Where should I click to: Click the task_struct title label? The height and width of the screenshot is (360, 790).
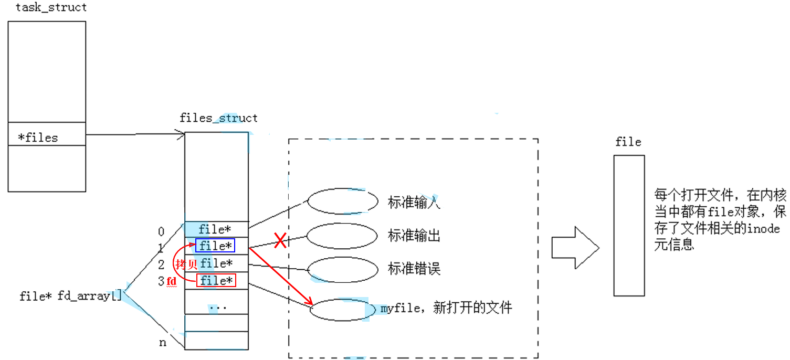point(51,7)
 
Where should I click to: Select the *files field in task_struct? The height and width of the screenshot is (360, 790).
point(38,137)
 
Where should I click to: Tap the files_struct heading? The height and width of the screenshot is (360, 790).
point(218,118)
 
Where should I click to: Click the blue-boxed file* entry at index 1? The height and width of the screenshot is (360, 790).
point(215,245)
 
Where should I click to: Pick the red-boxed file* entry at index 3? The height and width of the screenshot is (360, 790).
point(216,281)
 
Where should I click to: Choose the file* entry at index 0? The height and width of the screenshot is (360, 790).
point(215,229)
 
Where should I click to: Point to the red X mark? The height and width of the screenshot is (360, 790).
point(280,241)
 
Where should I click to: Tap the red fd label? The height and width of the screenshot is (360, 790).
point(171,282)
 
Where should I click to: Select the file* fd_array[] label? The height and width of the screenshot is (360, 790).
point(70,296)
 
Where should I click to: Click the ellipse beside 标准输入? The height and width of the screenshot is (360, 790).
point(343,201)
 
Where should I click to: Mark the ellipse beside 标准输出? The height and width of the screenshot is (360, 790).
point(342,236)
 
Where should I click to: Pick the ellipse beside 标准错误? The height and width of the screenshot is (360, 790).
point(343,270)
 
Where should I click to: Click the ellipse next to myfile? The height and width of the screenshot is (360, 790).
point(343,309)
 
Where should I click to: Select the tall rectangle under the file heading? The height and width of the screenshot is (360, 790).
point(629,225)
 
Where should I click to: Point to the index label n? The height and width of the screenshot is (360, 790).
point(163,343)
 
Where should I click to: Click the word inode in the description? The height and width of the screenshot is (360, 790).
point(766,229)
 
